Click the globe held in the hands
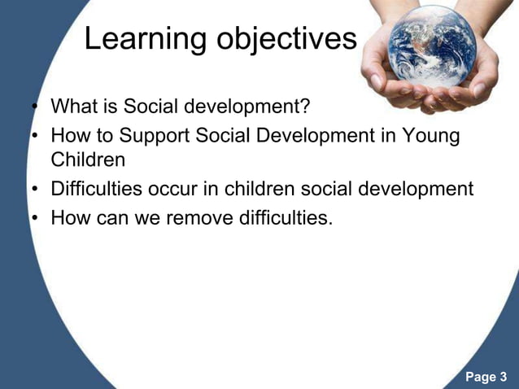point(428,47)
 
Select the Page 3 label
point(486,377)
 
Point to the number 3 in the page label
point(503,377)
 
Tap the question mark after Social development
point(306,107)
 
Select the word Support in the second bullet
point(159,134)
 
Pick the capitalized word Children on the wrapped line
point(88,160)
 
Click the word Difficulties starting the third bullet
point(96,190)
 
